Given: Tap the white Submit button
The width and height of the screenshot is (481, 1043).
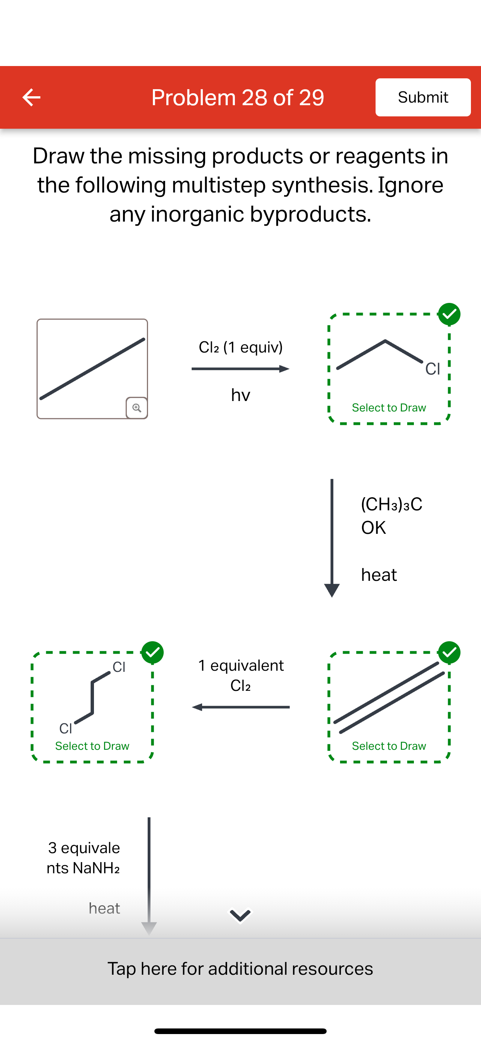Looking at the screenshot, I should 423,97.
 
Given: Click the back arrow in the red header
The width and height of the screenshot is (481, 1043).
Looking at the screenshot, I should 31,97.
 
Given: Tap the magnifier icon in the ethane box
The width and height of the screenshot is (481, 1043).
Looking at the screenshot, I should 137,407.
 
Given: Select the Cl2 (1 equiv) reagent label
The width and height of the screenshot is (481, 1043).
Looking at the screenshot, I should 240,347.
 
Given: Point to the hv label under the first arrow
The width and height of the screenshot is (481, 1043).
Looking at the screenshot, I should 240,395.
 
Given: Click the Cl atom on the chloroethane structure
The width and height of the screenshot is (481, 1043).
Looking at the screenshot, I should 433,369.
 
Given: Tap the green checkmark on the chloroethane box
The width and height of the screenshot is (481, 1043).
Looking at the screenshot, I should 449,314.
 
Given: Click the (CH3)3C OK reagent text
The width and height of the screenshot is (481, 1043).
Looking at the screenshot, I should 391,516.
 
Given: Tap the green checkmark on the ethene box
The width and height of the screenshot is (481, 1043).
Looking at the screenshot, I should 449,652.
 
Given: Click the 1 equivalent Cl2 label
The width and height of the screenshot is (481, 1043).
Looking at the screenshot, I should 240,675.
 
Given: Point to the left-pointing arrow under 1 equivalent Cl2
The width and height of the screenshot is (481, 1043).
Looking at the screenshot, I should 240,707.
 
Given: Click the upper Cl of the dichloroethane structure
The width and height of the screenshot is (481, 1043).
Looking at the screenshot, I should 119,667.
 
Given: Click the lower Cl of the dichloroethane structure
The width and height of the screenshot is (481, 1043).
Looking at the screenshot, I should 66,729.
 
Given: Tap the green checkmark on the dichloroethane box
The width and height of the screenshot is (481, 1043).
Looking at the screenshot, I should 152,652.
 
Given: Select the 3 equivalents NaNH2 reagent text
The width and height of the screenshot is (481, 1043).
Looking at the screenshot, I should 84,858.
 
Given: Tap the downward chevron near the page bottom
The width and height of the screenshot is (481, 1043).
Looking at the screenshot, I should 240,915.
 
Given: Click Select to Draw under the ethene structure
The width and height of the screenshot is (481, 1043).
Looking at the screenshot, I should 389,746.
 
